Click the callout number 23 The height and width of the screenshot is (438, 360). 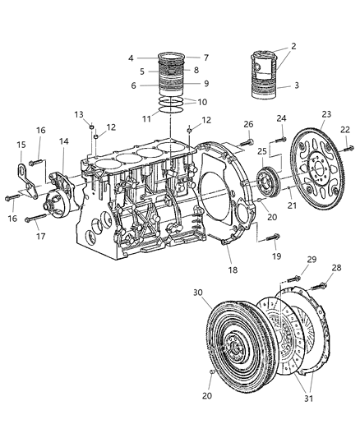click(x=326, y=114)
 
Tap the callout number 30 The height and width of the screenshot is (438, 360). click(x=197, y=293)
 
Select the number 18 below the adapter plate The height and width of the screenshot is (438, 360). click(x=233, y=270)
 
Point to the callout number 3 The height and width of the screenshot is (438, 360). click(x=297, y=85)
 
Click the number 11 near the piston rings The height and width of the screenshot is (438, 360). click(x=146, y=119)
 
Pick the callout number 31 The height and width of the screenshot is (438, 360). click(x=308, y=399)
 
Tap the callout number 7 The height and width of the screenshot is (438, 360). click(x=206, y=58)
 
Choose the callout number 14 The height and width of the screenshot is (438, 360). click(x=63, y=141)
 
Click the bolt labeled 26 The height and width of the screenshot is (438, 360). click(x=247, y=143)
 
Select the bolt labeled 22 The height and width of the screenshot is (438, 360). click(x=348, y=148)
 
